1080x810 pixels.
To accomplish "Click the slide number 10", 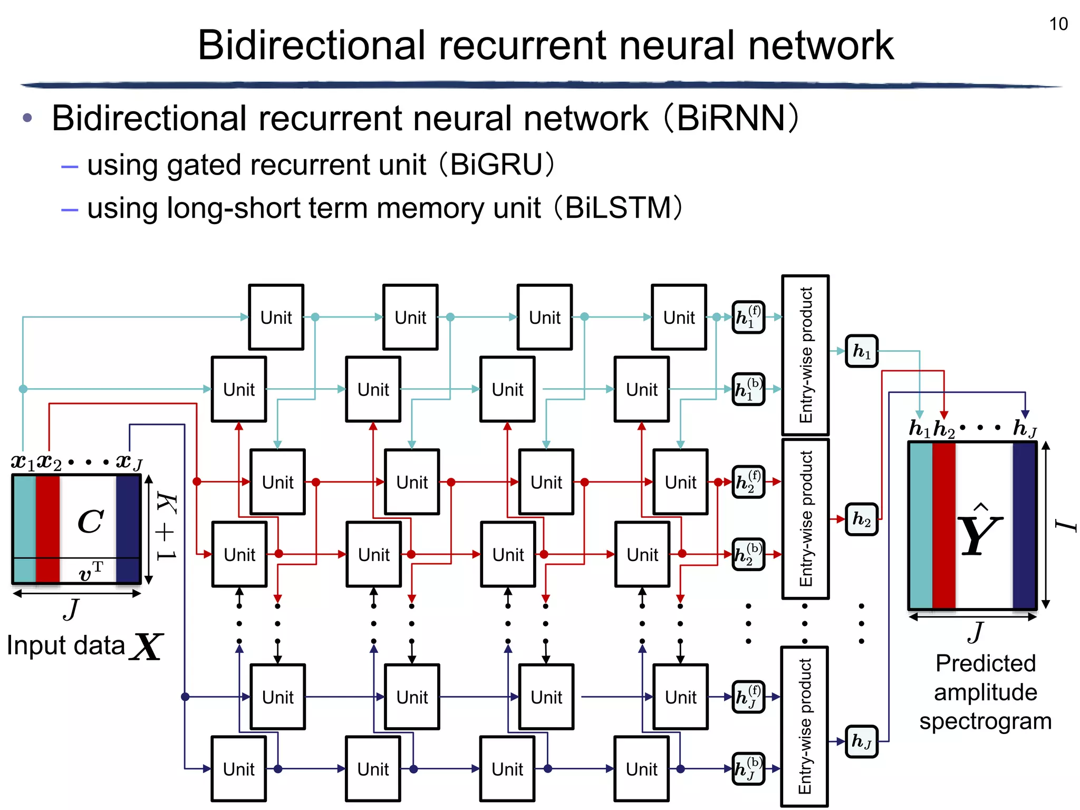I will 1058,24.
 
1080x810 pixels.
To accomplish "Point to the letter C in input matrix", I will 90,522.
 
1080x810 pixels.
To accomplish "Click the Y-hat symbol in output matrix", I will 979,533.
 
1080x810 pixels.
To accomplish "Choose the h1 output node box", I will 861,351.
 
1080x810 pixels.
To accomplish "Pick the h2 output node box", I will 861,519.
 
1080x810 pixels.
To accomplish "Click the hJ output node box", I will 861,741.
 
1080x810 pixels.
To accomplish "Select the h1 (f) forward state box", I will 748,317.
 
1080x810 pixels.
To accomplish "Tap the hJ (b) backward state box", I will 748,769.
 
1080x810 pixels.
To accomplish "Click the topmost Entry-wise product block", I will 805,355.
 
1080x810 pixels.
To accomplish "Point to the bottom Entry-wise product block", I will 804,726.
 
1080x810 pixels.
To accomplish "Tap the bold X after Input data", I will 147,647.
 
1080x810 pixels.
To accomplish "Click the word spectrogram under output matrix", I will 985,721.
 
